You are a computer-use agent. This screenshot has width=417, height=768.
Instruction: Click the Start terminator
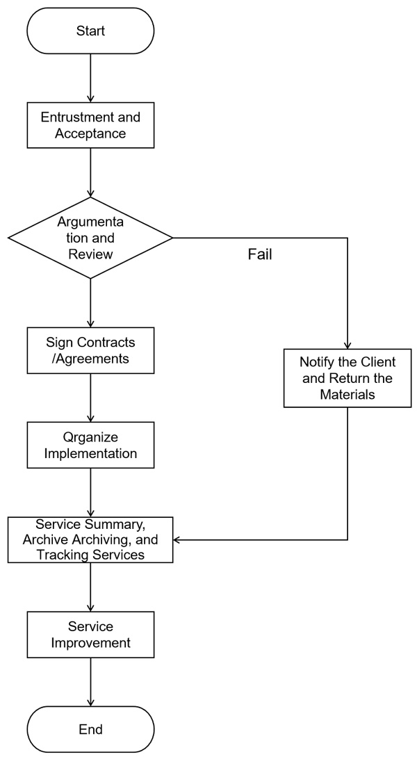point(90,31)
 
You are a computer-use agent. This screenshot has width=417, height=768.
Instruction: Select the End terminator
point(90,729)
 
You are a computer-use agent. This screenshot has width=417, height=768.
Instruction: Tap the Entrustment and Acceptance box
point(90,124)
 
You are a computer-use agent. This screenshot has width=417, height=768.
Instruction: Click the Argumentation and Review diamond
point(90,238)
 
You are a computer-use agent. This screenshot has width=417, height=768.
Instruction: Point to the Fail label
point(260,255)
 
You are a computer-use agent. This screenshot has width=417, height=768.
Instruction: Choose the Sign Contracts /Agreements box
point(90,350)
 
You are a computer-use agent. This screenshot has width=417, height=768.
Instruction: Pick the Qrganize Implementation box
point(90,446)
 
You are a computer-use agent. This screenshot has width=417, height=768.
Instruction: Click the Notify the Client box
point(347,377)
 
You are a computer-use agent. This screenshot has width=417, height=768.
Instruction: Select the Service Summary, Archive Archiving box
point(90,539)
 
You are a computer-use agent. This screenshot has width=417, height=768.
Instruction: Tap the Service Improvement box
point(90,635)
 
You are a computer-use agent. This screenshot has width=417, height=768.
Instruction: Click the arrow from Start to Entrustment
point(90,77)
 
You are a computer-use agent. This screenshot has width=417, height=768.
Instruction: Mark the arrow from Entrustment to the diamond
point(90,172)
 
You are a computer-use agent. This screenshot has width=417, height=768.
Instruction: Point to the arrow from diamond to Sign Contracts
point(90,302)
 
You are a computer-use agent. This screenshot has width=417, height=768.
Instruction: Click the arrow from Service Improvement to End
point(90,682)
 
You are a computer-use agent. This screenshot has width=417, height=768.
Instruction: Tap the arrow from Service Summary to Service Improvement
point(90,587)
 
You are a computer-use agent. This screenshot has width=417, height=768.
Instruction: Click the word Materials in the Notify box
point(347,394)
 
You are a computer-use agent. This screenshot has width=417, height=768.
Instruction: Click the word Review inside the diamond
point(90,254)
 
